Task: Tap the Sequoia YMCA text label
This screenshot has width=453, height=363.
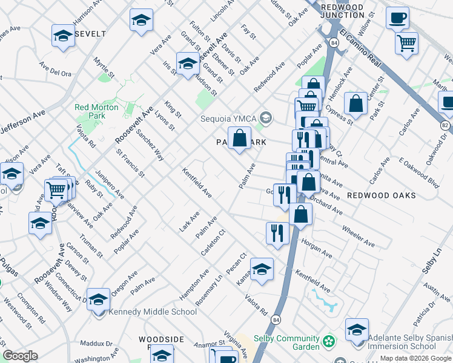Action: coord(228,118)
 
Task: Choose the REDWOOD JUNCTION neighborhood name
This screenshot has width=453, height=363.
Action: coord(343,11)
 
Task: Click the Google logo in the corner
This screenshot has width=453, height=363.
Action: coord(21,356)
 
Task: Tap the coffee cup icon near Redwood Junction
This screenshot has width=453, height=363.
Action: coord(397,18)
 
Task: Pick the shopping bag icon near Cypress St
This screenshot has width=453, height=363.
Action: coord(357,103)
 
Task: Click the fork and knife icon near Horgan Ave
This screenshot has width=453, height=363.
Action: coord(277,234)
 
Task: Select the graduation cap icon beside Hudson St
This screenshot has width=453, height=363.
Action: coord(188,64)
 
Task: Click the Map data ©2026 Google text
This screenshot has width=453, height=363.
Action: coord(415,358)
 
